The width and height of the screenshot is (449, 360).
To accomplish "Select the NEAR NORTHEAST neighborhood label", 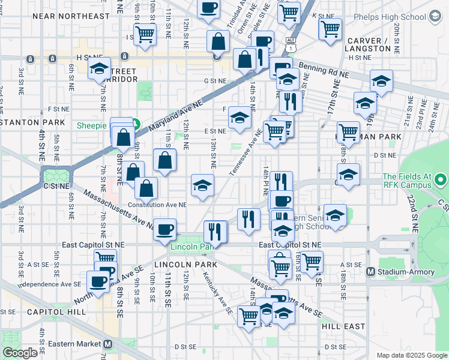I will point(64,16).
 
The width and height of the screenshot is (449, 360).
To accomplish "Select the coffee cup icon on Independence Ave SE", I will point(98,280).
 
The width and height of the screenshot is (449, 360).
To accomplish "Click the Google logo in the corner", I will point(20,353).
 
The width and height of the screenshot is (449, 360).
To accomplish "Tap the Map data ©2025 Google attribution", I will point(411,355).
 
